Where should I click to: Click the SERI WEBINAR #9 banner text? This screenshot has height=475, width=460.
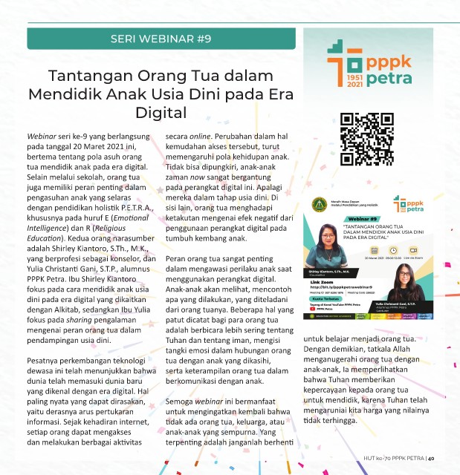tap(161, 38)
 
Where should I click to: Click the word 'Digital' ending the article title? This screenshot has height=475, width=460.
tap(160, 112)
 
